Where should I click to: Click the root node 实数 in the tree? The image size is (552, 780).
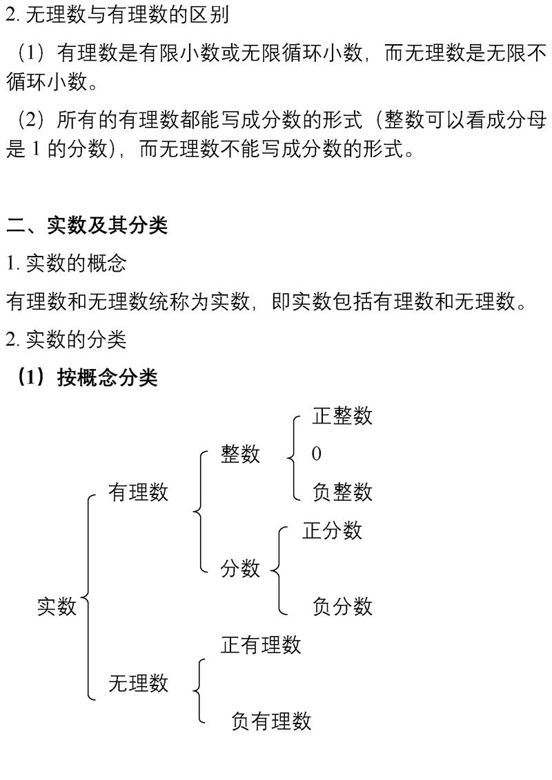pyautogui.click(x=57, y=606)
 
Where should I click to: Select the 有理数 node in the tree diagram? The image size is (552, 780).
pyautogui.click(x=138, y=492)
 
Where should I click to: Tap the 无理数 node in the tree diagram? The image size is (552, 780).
pyautogui.click(x=138, y=683)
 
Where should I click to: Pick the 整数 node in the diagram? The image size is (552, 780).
pyautogui.click(x=240, y=454)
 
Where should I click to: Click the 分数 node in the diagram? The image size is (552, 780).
pyautogui.click(x=240, y=568)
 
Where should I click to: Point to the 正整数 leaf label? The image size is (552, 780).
pyautogui.click(x=342, y=416)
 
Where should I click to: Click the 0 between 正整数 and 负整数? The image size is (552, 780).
pyautogui.click(x=317, y=454)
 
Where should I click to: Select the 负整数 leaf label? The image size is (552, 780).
pyautogui.click(x=342, y=492)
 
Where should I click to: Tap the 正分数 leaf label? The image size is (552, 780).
pyautogui.click(x=332, y=530)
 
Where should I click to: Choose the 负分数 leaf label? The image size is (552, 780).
pyautogui.click(x=342, y=606)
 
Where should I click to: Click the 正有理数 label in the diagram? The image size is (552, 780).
pyautogui.click(x=261, y=645)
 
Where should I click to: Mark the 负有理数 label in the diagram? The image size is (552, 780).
pyautogui.click(x=271, y=721)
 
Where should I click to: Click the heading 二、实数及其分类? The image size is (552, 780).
pyautogui.click(x=87, y=225)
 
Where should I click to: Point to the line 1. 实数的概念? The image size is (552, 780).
pyautogui.click(x=66, y=263)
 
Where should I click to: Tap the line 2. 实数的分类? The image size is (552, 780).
pyautogui.click(x=66, y=339)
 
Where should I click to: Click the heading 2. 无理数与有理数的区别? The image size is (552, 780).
pyautogui.click(x=117, y=15)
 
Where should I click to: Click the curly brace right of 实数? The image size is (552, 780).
pyautogui.click(x=89, y=597)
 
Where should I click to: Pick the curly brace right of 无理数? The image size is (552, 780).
pyautogui.click(x=199, y=690)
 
